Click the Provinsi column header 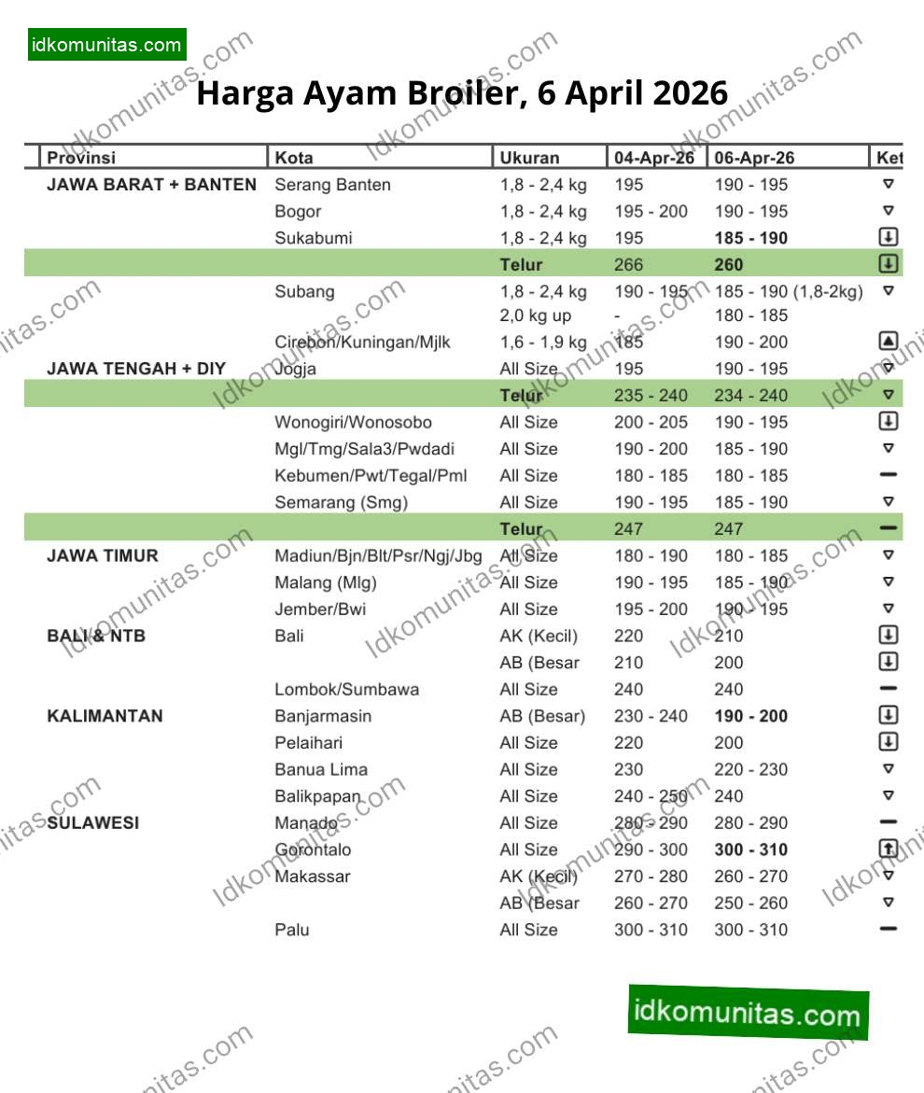tap(82, 158)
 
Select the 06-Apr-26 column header tap(754, 158)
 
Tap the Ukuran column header tap(529, 158)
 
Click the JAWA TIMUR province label tap(103, 555)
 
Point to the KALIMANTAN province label tap(105, 716)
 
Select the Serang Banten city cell tap(332, 185)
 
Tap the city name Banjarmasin tap(323, 716)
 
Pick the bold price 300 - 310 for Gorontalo tap(750, 849)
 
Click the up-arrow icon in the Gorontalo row tap(888, 848)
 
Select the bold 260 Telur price tap(729, 264)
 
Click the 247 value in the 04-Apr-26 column tap(628, 529)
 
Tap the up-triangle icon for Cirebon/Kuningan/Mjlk tap(888, 342)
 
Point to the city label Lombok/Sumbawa tap(346, 690)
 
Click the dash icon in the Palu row tap(888, 929)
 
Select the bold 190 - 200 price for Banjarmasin tap(750, 716)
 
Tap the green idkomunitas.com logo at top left tap(106, 45)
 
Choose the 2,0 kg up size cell tap(539, 315)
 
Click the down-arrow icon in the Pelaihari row tap(888, 742)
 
